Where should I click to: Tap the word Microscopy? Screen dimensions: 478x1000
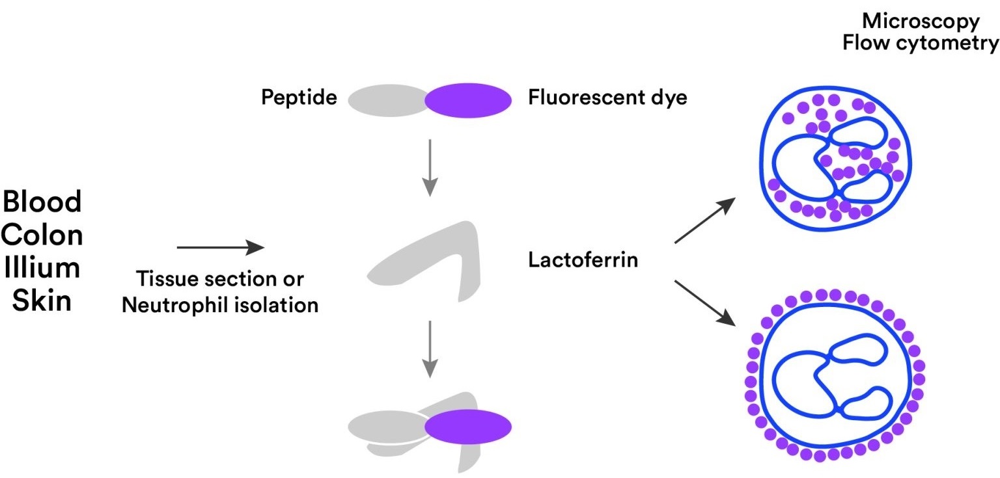921,21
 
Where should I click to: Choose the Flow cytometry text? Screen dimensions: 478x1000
921,44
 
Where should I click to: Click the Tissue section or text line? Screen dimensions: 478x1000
220,280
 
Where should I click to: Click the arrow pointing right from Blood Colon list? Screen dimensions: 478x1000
221,248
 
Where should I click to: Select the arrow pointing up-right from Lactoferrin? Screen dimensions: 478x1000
705,222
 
